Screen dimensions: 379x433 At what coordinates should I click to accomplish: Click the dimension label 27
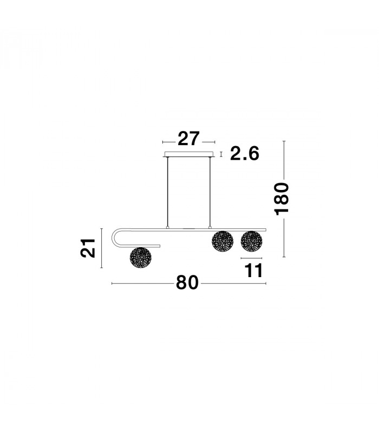click(x=188, y=139)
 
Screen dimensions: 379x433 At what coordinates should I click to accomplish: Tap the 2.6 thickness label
click(x=245, y=154)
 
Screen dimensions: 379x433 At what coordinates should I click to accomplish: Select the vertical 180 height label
click(x=281, y=199)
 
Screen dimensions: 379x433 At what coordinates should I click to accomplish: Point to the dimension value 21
click(x=88, y=248)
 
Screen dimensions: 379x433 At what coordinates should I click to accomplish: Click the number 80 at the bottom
click(x=187, y=283)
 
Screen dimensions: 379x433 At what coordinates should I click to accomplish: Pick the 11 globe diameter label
click(x=253, y=271)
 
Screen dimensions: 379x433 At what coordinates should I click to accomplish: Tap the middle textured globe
click(x=223, y=241)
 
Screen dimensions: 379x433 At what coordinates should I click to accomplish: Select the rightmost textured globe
click(x=251, y=241)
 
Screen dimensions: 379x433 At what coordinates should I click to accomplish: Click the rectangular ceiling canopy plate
click(x=189, y=154)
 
